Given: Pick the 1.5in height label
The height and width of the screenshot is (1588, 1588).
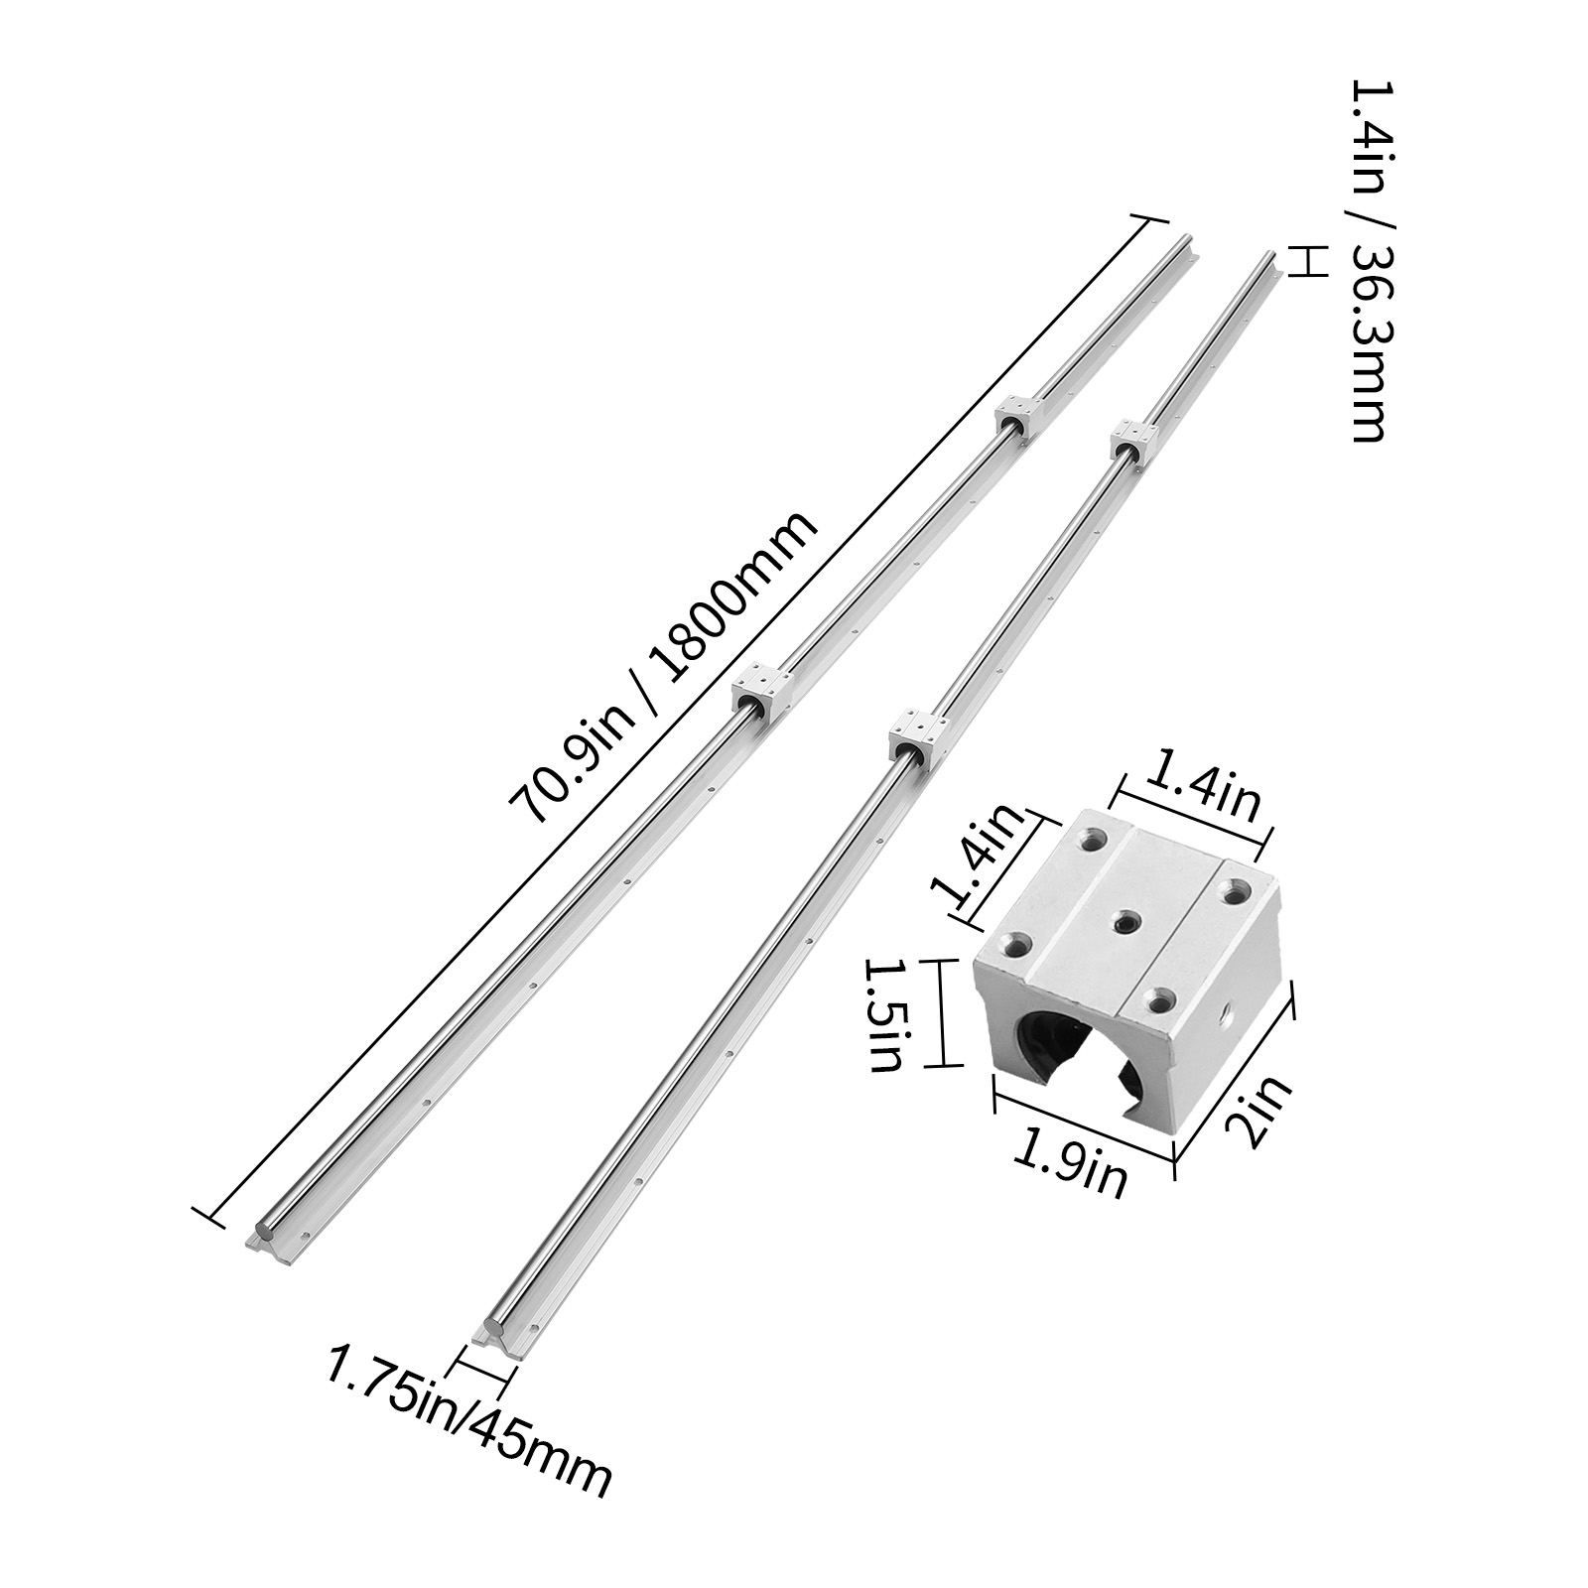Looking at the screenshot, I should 882,1013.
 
